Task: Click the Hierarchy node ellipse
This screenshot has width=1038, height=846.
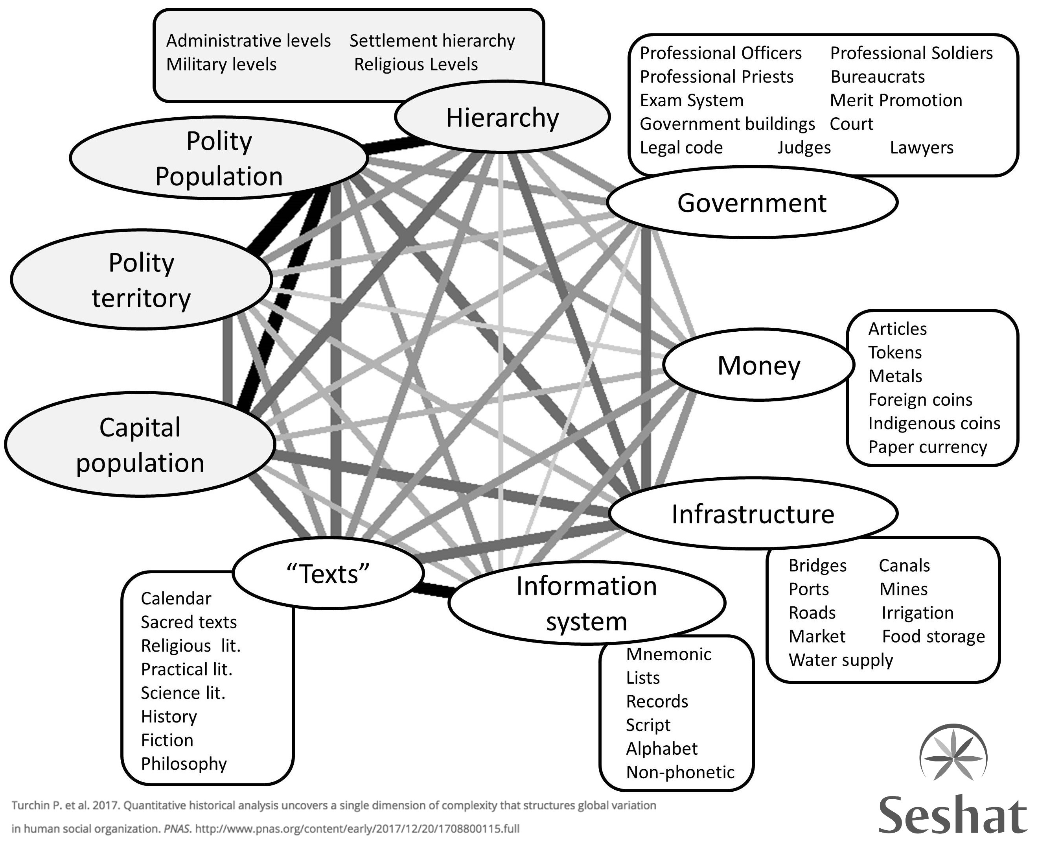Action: [x=502, y=117]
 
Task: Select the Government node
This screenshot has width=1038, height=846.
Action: [x=752, y=203]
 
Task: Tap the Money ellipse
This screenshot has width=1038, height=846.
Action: [x=758, y=365]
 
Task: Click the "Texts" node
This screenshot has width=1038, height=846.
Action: [x=328, y=574]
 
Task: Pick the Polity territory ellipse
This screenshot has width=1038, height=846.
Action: [x=141, y=280]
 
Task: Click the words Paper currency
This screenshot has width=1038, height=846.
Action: [x=927, y=447]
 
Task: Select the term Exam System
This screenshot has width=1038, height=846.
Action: [x=691, y=100]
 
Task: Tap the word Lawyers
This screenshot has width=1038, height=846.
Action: [x=921, y=148]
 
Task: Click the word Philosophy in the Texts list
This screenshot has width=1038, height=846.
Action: [x=184, y=764]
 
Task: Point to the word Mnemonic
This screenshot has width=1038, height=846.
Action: [x=668, y=654]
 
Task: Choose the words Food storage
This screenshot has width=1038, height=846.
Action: [x=933, y=636]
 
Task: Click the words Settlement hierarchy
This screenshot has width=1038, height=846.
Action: [x=432, y=41]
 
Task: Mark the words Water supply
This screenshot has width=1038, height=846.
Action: [x=841, y=660]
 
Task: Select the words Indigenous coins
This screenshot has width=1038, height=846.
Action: [x=934, y=423]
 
